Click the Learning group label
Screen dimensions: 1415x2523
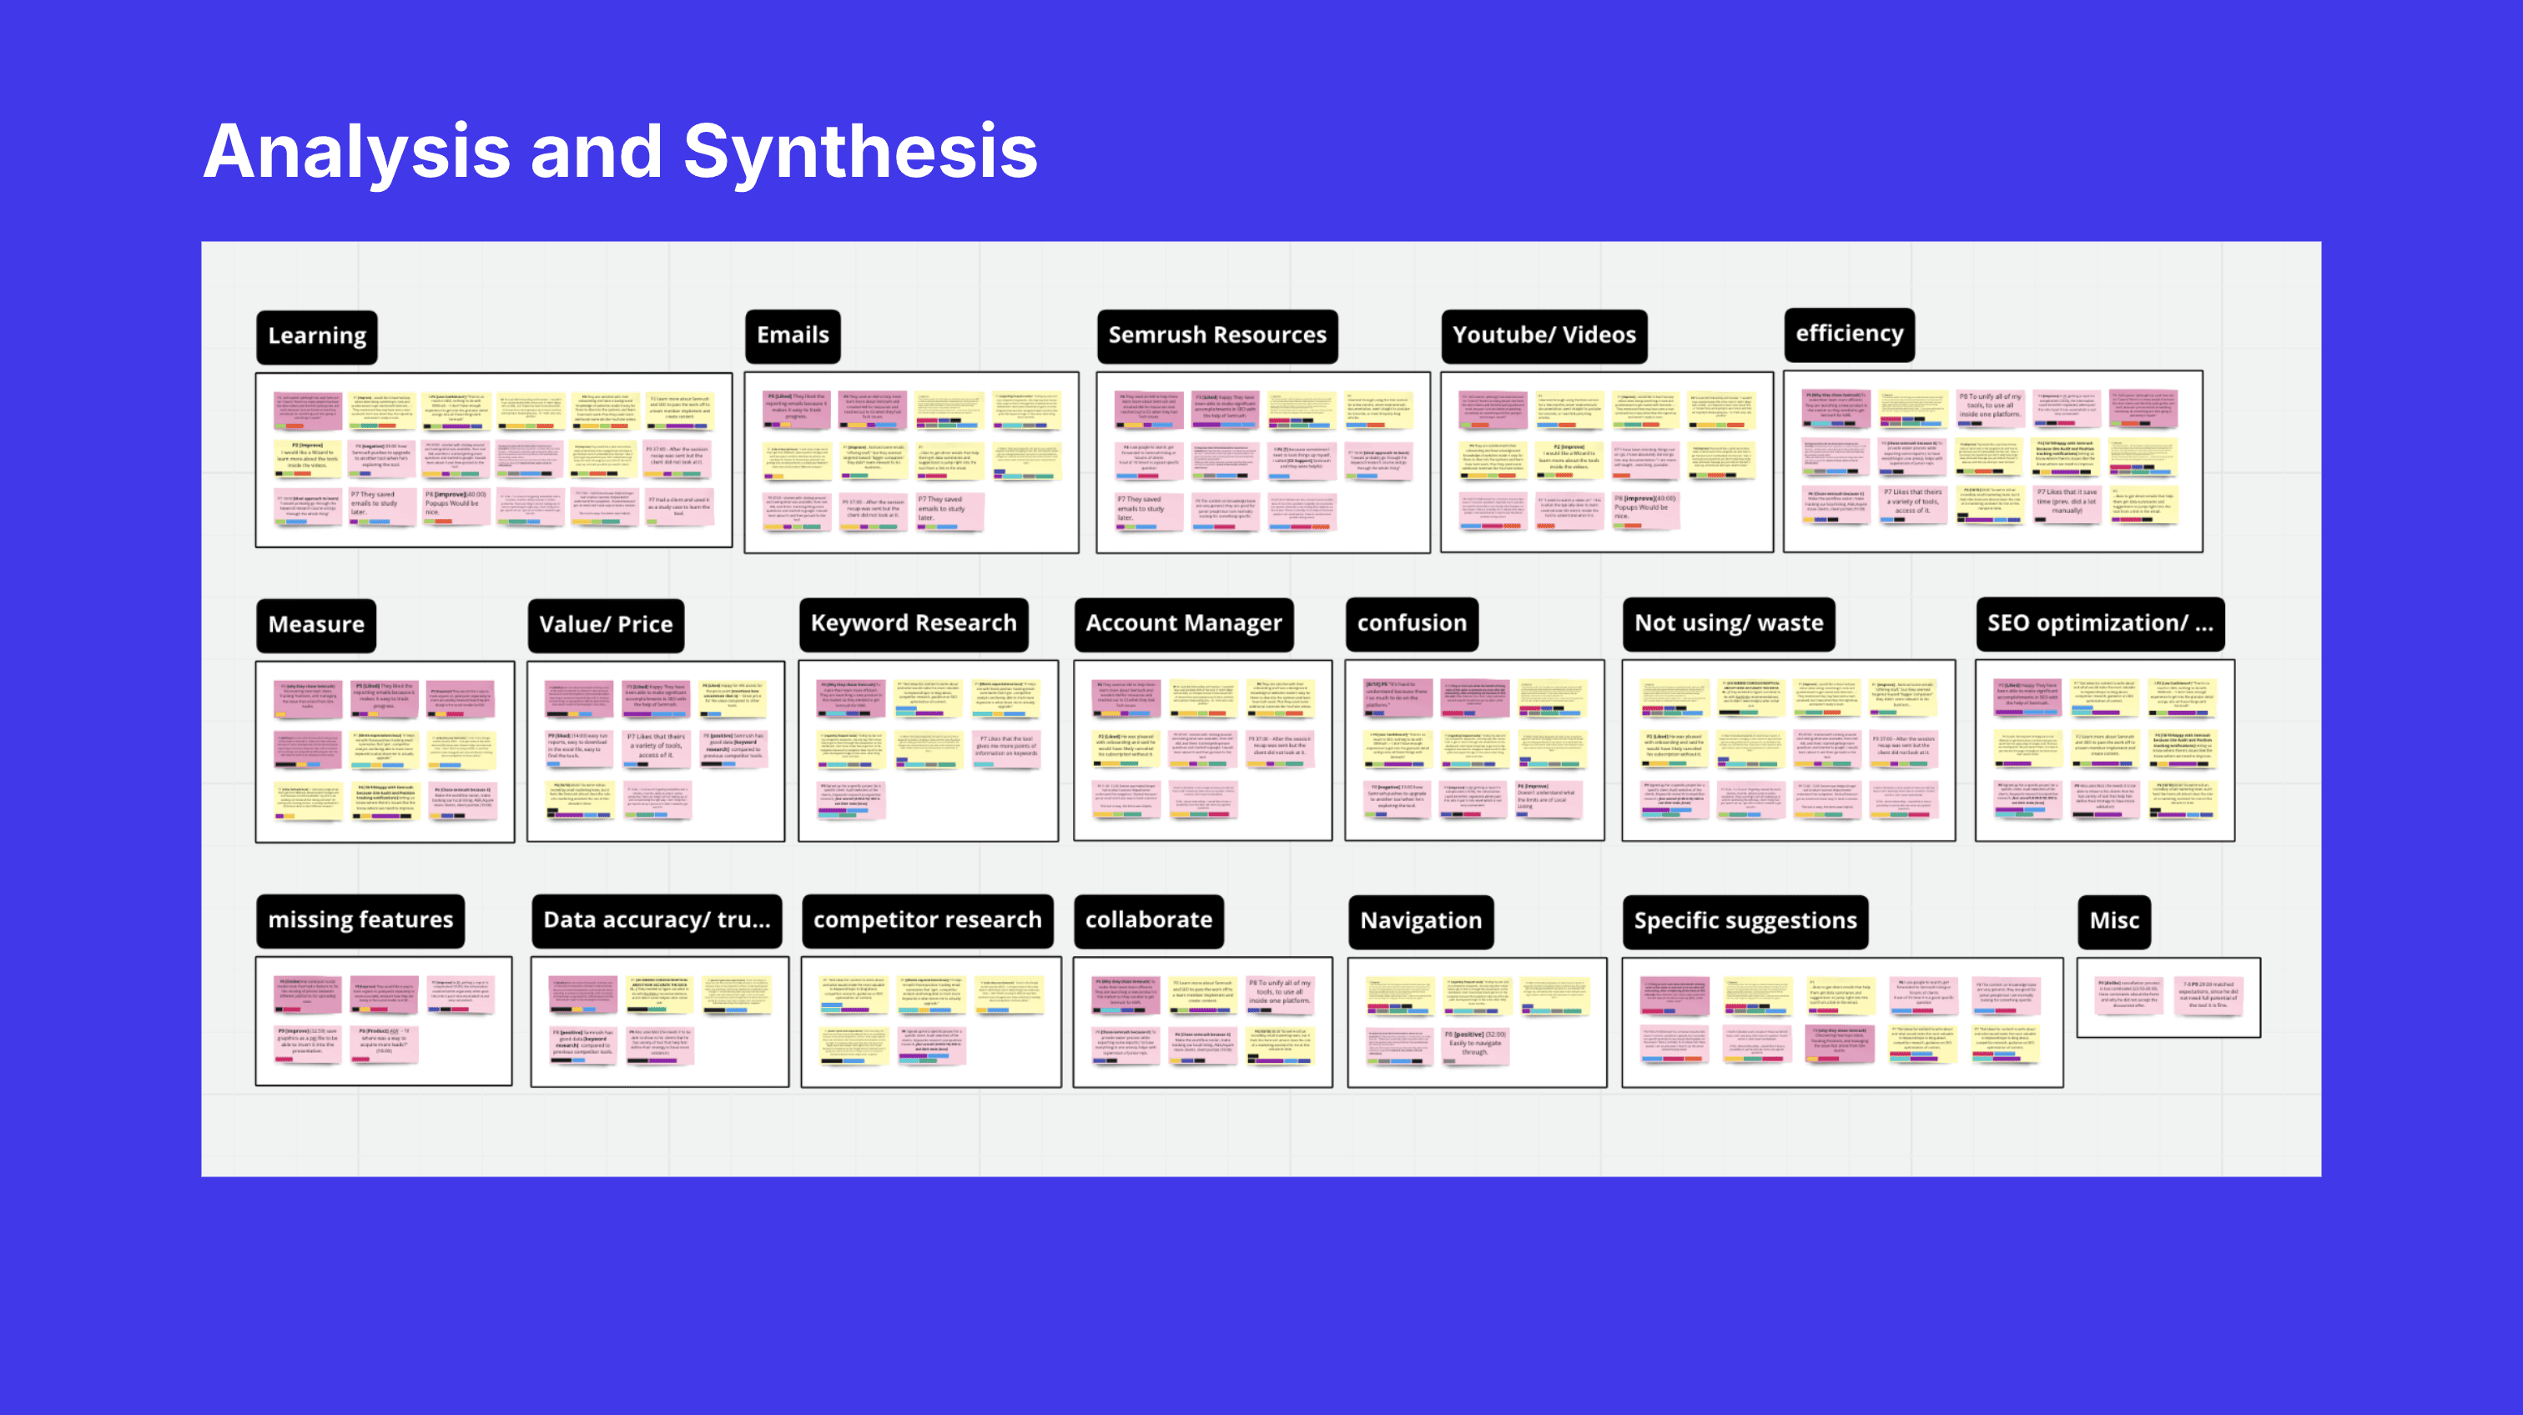click(x=316, y=336)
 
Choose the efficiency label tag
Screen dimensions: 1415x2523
click(x=1848, y=334)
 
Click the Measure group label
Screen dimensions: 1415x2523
click(x=315, y=625)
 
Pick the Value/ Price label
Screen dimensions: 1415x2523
click(x=605, y=625)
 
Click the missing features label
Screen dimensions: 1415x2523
click(x=360, y=920)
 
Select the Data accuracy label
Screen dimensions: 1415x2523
click(x=657, y=920)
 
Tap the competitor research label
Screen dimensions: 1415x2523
click(x=927, y=920)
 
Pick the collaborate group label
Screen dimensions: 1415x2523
click(x=1148, y=920)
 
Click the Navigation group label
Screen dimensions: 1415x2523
click(x=1420, y=921)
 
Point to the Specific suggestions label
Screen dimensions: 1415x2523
click(x=1745, y=921)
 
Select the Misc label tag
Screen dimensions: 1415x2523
click(x=2113, y=921)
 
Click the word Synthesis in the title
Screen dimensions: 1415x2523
click(x=860, y=153)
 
